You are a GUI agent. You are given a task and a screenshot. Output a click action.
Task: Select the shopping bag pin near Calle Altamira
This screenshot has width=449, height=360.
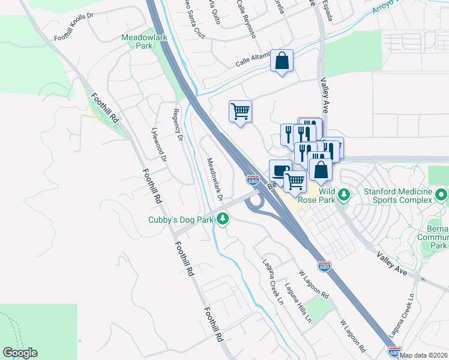tap(282, 61)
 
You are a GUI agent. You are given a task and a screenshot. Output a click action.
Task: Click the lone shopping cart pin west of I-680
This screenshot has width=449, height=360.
tap(240, 111)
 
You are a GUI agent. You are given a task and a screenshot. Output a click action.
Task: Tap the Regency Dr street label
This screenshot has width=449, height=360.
tap(177, 124)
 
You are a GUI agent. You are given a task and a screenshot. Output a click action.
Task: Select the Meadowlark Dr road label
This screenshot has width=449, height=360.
tap(215, 179)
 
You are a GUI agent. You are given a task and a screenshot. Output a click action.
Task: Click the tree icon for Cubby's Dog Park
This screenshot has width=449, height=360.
tap(223, 219)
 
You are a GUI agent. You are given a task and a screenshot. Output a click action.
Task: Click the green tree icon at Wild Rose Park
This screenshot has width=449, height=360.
tap(343, 194)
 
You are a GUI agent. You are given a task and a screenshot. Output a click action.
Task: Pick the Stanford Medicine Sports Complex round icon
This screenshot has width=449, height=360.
tap(441, 194)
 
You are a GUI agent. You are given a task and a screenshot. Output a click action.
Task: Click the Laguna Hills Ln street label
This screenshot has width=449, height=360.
tap(298, 302)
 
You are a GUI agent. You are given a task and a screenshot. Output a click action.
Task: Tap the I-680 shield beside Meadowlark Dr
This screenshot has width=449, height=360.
tap(253, 180)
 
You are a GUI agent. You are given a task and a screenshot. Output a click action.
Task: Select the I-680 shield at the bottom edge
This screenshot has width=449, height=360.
tap(394, 352)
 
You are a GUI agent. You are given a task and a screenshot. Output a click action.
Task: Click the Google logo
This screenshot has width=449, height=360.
tap(20, 353)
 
